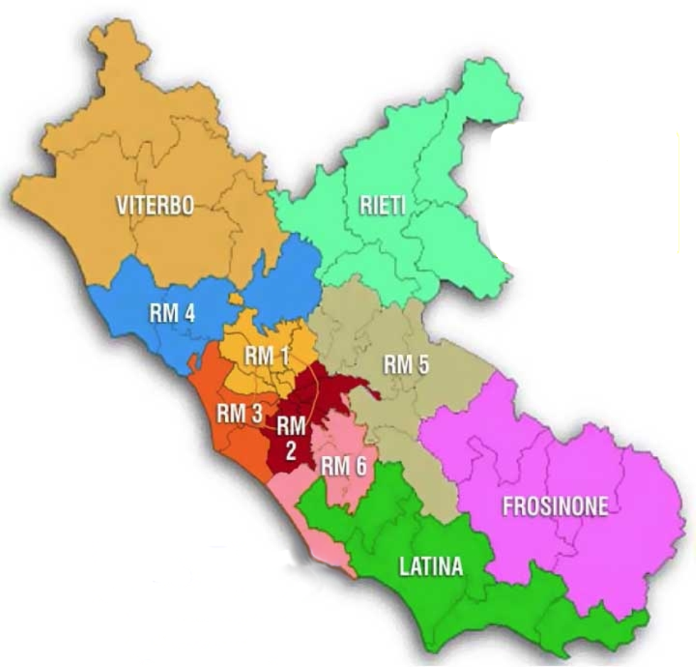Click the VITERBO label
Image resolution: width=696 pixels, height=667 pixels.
pyautogui.click(x=155, y=206)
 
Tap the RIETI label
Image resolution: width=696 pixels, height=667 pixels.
pyautogui.click(x=382, y=207)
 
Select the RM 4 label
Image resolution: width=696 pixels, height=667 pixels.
pyautogui.click(x=172, y=313)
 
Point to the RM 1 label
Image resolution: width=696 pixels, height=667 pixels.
pyautogui.click(x=266, y=357)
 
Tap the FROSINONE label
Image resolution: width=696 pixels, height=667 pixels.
pyautogui.click(x=555, y=506)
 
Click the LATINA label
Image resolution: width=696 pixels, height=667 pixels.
pyautogui.click(x=430, y=566)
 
